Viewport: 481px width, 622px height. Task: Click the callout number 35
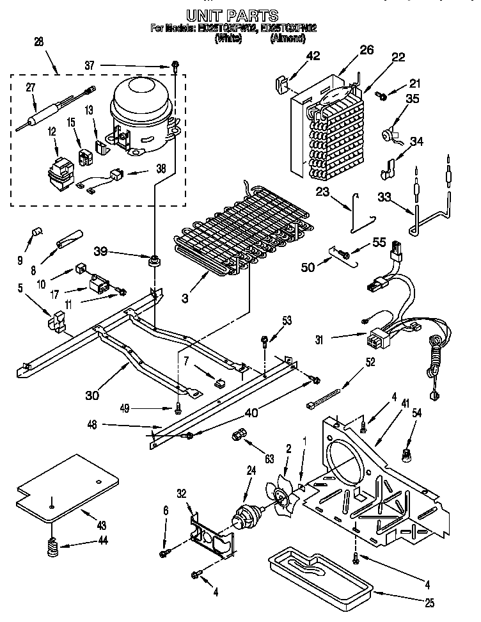(413, 98)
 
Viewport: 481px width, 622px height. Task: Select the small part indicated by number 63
(237, 435)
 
